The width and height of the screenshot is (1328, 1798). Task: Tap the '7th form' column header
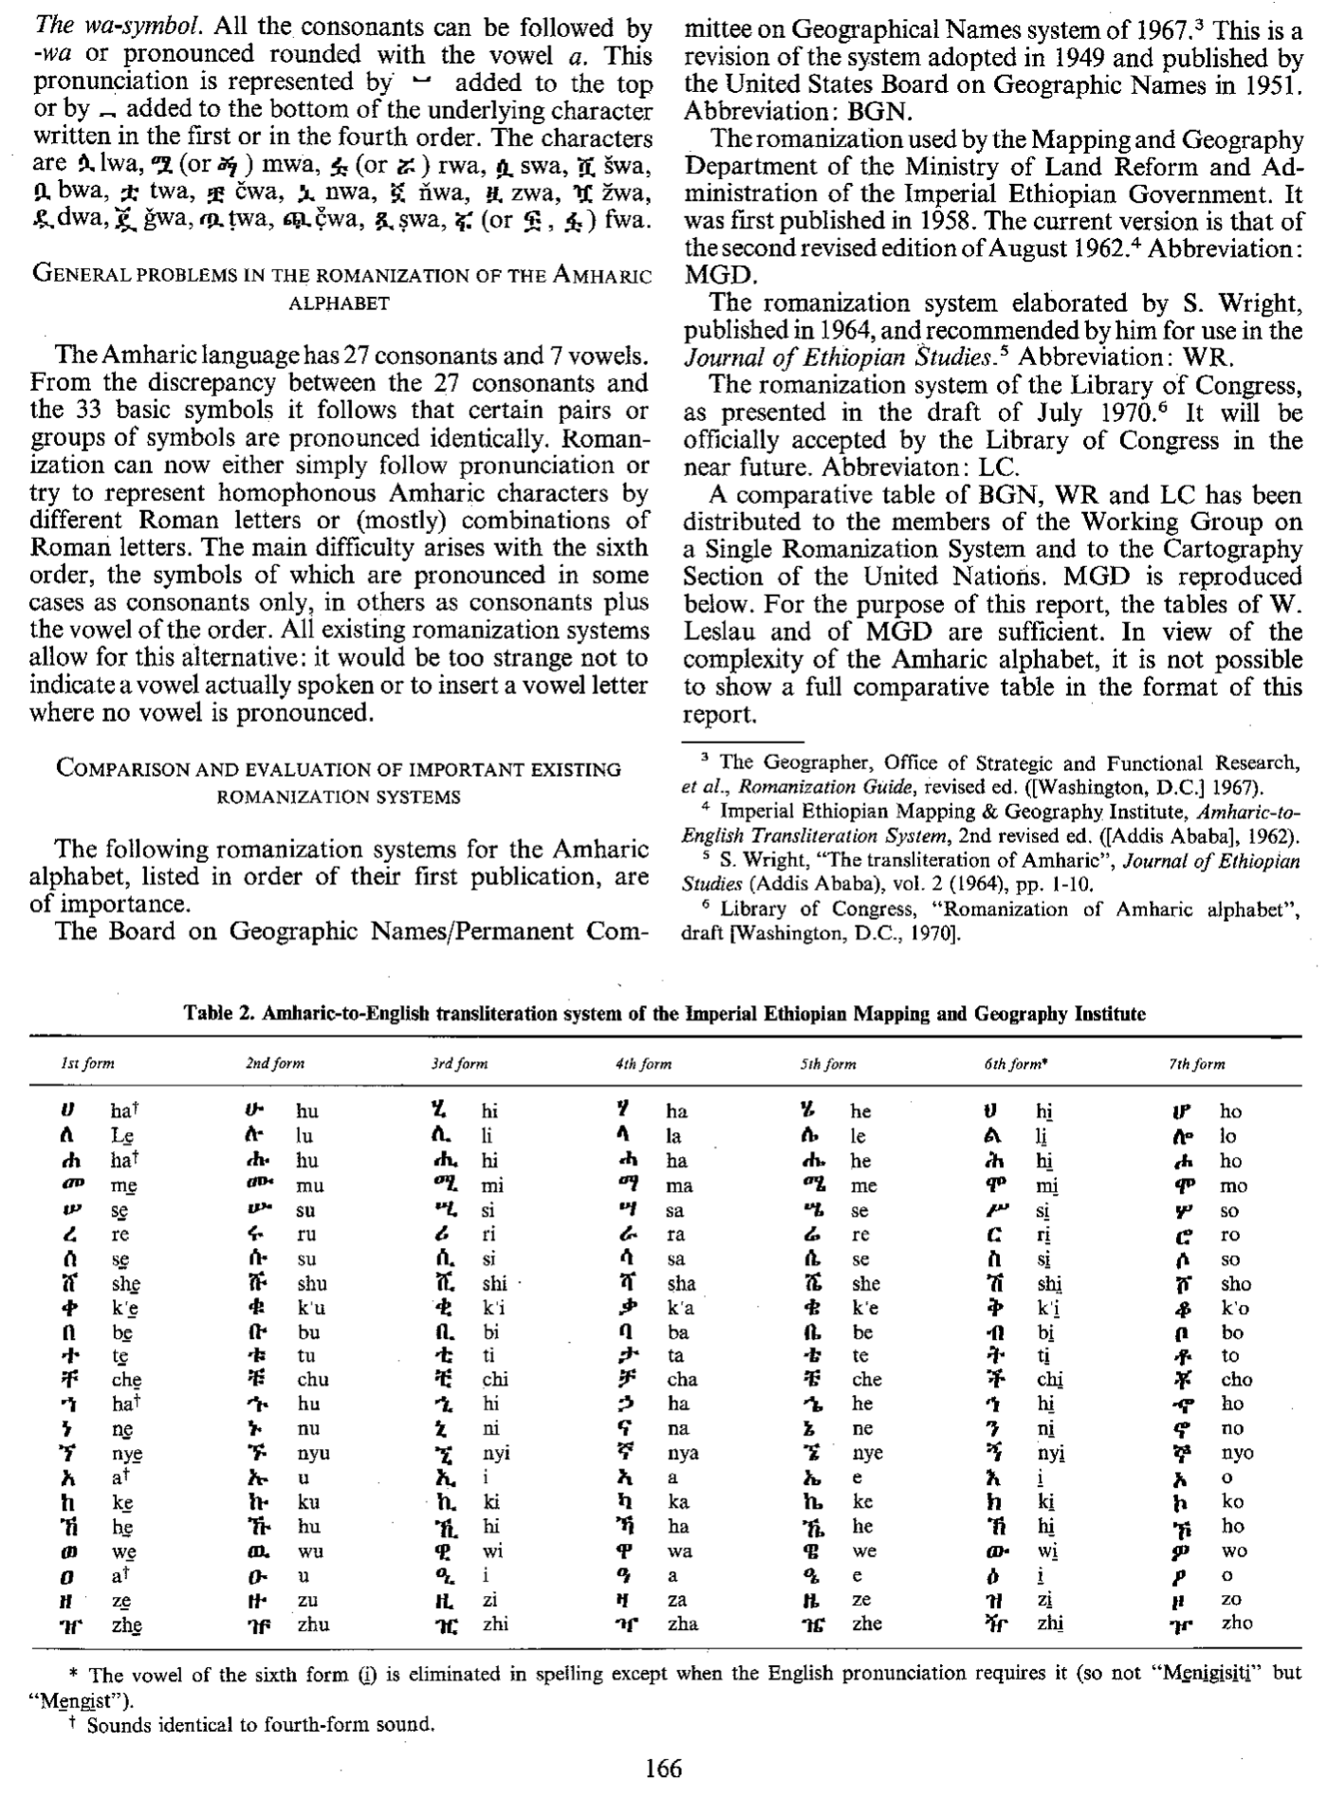[1196, 1064]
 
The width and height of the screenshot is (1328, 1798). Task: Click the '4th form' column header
[643, 1064]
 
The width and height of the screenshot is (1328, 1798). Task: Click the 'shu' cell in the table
[312, 1284]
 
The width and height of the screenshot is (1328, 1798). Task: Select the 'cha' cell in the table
[682, 1381]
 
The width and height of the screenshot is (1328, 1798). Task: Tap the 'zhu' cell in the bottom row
[313, 1624]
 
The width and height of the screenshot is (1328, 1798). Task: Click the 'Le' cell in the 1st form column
[121, 1137]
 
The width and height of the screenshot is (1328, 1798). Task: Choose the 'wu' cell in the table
[310, 1551]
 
